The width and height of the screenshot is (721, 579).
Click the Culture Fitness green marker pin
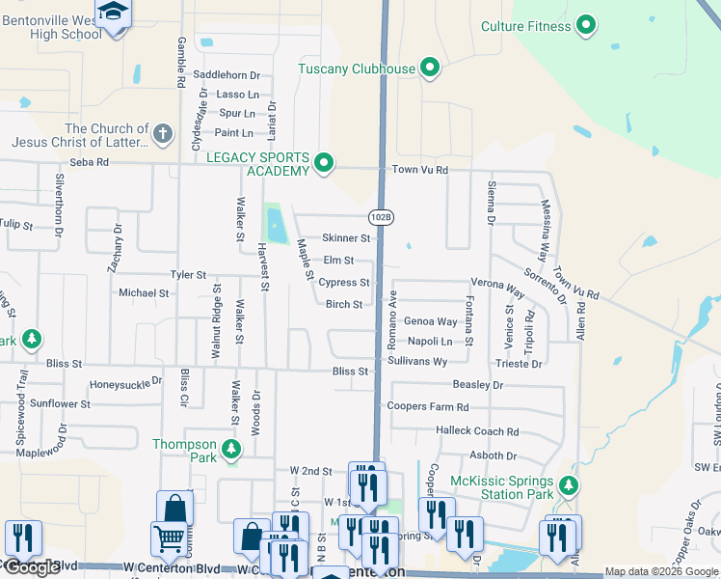[x=585, y=26]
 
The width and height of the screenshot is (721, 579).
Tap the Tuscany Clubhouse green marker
[x=431, y=69]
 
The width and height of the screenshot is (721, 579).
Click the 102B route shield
[x=382, y=217]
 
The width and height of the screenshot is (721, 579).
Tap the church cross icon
[x=163, y=133]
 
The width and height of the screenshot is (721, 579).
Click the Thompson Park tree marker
[x=230, y=449]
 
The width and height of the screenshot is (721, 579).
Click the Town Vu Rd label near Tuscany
[x=420, y=170]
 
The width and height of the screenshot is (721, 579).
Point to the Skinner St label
[x=346, y=237]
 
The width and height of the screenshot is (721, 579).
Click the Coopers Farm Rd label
[x=427, y=407]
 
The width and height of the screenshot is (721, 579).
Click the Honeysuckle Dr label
[x=126, y=383]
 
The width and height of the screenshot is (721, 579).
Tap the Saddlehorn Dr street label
[x=227, y=74]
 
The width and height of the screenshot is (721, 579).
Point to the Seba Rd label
[x=89, y=162]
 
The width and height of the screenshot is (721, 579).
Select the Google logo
[x=32, y=567]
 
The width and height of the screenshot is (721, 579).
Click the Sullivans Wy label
[x=417, y=361]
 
